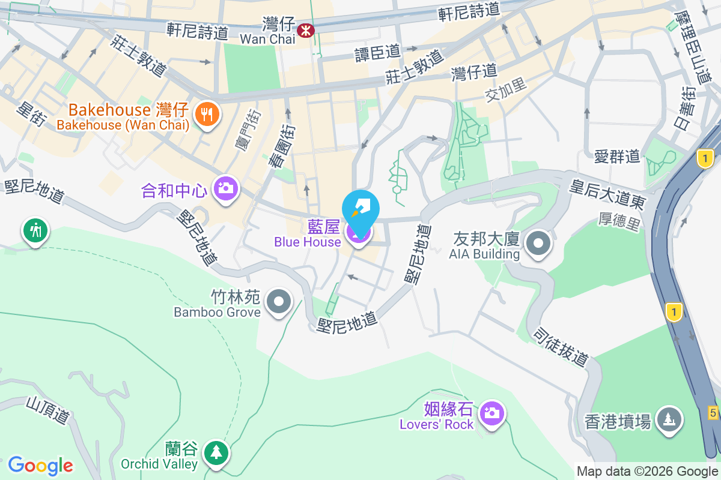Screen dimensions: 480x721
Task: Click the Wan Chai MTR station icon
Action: coord(305,29)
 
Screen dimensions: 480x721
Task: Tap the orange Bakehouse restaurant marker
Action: coord(207,113)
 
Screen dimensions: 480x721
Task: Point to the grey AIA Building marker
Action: coord(538,244)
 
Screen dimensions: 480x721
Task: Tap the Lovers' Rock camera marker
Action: coord(492,413)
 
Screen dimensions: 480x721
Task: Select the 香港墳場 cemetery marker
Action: coord(669,418)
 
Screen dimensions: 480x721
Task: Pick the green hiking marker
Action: coord(35,230)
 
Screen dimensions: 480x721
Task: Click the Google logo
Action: coord(40,465)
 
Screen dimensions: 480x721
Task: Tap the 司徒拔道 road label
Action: coord(561,347)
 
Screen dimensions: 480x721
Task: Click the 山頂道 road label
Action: coord(48,411)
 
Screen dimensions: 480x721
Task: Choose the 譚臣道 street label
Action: coord(377,53)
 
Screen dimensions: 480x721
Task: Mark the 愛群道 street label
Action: coord(617,157)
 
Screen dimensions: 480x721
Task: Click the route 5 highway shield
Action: coord(713,412)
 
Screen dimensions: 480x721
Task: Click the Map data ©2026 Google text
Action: coord(647,472)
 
